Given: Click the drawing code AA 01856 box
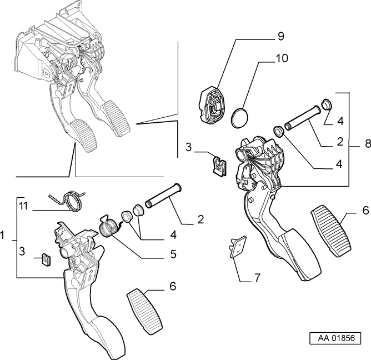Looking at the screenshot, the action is pos(335,338).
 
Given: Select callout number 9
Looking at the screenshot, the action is pos(280,36).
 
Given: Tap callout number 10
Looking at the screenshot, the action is pos(282,58).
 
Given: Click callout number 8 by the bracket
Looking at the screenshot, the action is pos(368,143).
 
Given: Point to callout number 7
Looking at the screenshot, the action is pos(257,277).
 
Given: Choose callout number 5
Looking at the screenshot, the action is pos(173,254).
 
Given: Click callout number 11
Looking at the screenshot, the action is pos(23,206).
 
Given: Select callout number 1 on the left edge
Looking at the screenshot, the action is pos(2,235).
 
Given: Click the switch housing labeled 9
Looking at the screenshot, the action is pos(212,104).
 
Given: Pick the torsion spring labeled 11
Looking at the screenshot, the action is pos(67,200).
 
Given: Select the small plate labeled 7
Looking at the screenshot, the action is pos(238,247).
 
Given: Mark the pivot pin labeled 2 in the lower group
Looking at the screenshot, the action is pos(163,196).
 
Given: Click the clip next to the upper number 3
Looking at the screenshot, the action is pos(219,166).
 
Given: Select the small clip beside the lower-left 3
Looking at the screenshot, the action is pos(47,259).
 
